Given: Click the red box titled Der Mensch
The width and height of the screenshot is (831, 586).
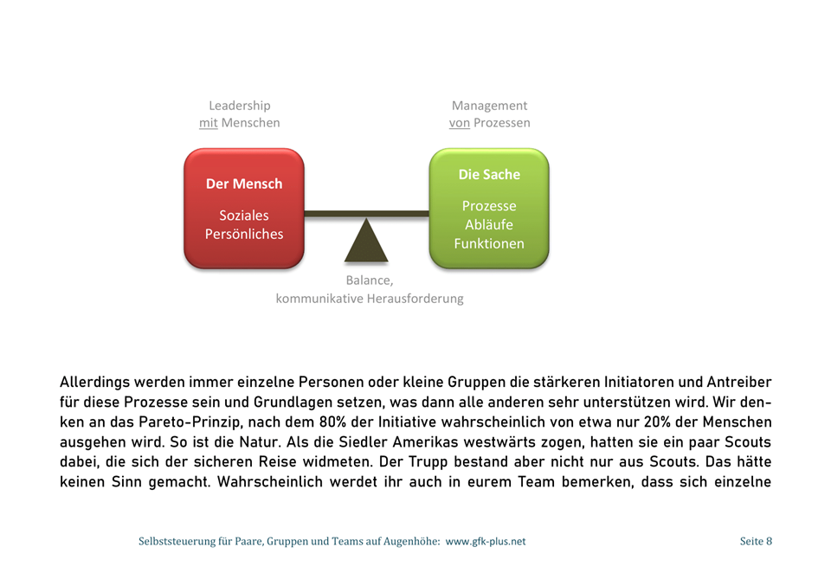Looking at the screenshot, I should click(x=243, y=209).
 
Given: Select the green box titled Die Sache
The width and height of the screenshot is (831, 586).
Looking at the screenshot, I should click(x=489, y=209).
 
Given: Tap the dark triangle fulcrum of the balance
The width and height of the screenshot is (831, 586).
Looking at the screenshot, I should click(x=366, y=241).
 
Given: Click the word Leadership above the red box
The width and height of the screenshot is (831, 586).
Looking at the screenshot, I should click(x=239, y=106).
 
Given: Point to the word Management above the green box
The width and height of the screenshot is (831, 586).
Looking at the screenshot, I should click(x=489, y=106).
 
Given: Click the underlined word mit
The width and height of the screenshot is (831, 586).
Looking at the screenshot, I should click(x=208, y=123).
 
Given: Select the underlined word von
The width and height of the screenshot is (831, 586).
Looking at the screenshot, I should click(x=459, y=123).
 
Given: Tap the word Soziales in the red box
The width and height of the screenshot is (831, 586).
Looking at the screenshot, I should click(x=243, y=216).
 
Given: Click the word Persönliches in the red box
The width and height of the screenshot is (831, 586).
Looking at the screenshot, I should click(x=243, y=234).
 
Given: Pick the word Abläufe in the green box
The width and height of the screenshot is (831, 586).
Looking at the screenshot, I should click(x=489, y=225).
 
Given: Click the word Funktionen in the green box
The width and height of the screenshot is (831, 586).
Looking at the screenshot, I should click(x=489, y=243).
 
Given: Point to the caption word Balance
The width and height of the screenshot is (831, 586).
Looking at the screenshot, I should click(x=368, y=280).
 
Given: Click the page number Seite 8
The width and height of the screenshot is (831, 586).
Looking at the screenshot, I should click(x=756, y=541).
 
